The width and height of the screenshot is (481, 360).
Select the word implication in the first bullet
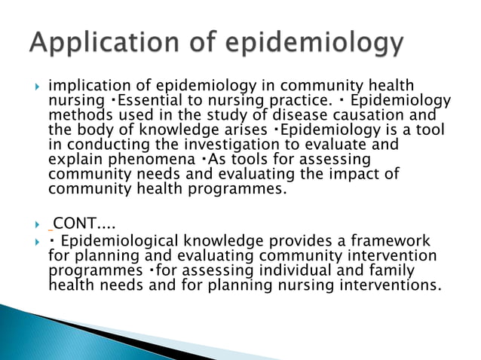(x=87, y=88)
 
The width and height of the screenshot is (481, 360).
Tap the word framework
(x=391, y=240)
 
